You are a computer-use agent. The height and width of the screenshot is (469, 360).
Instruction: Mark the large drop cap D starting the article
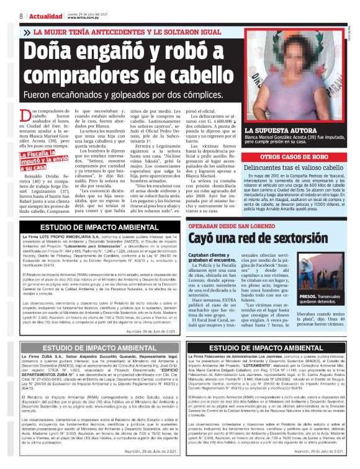(24, 115)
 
